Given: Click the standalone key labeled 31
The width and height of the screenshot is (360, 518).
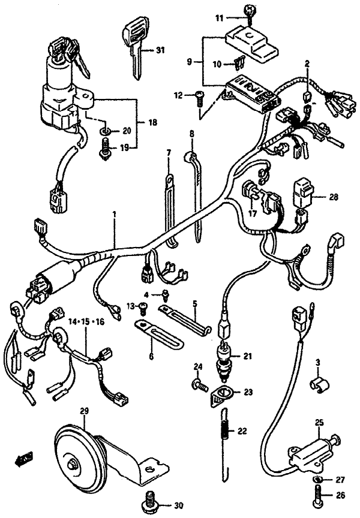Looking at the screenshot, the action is coord(134,47).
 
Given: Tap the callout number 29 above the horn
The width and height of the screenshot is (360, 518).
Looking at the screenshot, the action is coord(84,411).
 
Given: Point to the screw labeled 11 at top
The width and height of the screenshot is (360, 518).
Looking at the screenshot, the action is coord(248,15).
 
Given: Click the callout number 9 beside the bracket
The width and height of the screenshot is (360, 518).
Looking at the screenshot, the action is coord(189,61).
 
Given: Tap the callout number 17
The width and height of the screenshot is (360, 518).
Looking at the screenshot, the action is coord(253,213).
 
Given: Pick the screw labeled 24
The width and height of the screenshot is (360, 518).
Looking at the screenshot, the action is coord(199,384).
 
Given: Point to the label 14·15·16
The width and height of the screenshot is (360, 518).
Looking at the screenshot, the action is coord(86,321).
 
